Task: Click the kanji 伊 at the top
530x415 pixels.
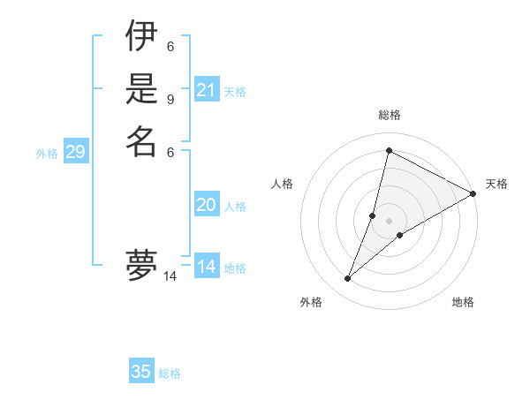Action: pyautogui.click(x=141, y=38)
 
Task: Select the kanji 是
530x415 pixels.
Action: pyautogui.click(x=141, y=89)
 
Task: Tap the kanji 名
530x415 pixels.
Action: pyautogui.click(x=141, y=140)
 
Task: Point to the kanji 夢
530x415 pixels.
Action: pyautogui.click(x=141, y=265)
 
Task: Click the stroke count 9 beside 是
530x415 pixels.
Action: pyautogui.click(x=170, y=99)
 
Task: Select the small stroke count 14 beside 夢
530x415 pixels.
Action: pyautogui.click(x=170, y=276)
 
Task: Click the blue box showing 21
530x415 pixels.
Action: pyautogui.click(x=207, y=90)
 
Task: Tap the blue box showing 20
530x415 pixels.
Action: pyautogui.click(x=207, y=205)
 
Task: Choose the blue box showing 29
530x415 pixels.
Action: pyautogui.click(x=76, y=153)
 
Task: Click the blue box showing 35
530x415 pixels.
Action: pyautogui.click(x=141, y=372)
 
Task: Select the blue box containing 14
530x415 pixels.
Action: pyautogui.click(x=207, y=267)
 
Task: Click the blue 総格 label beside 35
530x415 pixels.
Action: pyautogui.click(x=170, y=373)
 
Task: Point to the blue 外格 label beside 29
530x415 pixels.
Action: pyautogui.click(x=47, y=154)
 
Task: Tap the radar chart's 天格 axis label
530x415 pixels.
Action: pyautogui.click(x=496, y=184)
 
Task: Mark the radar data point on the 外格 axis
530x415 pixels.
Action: pyautogui.click(x=348, y=279)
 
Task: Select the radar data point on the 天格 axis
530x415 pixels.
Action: pyautogui.click(x=473, y=194)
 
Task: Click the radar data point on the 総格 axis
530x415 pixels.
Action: pyautogui.click(x=389, y=150)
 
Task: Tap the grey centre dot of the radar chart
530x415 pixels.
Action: pyautogui.click(x=389, y=221)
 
